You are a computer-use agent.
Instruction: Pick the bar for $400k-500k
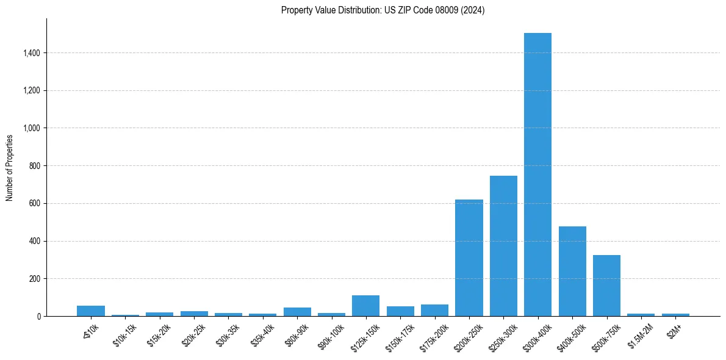tap(572, 271)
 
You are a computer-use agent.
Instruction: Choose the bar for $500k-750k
tap(606, 286)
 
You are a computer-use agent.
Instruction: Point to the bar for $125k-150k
tap(365, 306)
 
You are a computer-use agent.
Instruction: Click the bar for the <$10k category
tap(91, 311)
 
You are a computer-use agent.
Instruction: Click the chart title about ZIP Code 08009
tap(383, 10)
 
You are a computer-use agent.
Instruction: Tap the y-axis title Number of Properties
tap(10, 167)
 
